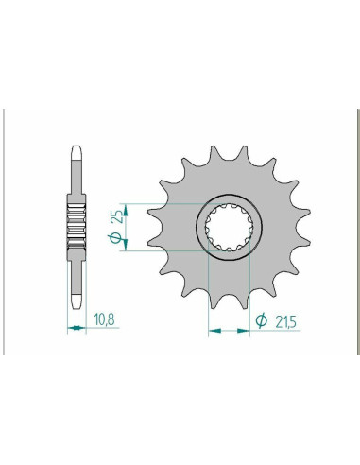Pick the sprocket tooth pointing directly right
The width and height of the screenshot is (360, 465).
pyautogui.click(x=301, y=231)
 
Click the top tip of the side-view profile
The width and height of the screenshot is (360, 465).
pyautogui.click(x=76, y=149)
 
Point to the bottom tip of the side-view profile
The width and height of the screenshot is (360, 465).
pyautogui.click(x=76, y=309)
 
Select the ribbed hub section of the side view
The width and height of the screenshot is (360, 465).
pyautogui.click(x=76, y=229)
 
